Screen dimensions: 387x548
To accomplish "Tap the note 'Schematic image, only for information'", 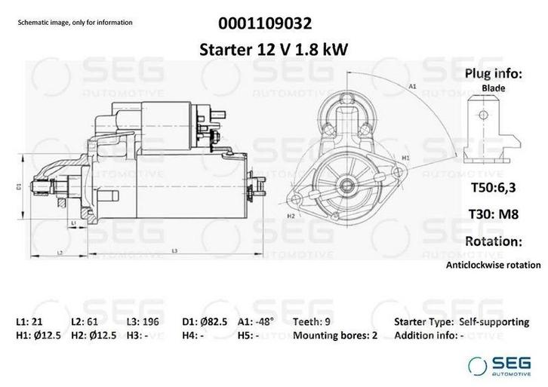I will (x=75, y=23).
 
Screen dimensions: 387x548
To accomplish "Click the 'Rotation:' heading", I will (x=493, y=241).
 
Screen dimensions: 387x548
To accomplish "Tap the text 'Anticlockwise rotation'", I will (x=493, y=265).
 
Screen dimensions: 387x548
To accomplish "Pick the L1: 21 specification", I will (x=31, y=321).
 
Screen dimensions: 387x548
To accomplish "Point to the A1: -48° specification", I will (x=255, y=321).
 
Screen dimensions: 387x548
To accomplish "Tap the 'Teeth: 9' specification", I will (x=310, y=321).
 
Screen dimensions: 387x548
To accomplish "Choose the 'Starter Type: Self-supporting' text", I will (x=461, y=321).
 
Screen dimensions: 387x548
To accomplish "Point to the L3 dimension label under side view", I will (x=174, y=250).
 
